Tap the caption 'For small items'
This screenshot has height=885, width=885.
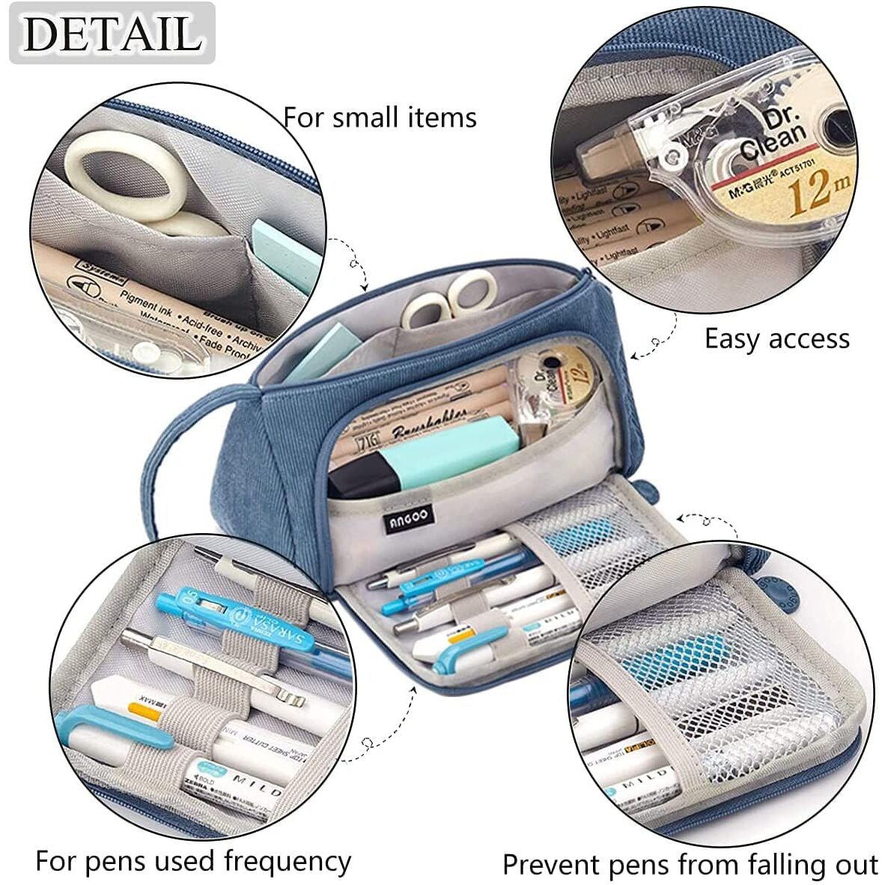380,118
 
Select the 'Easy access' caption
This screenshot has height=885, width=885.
776,339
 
